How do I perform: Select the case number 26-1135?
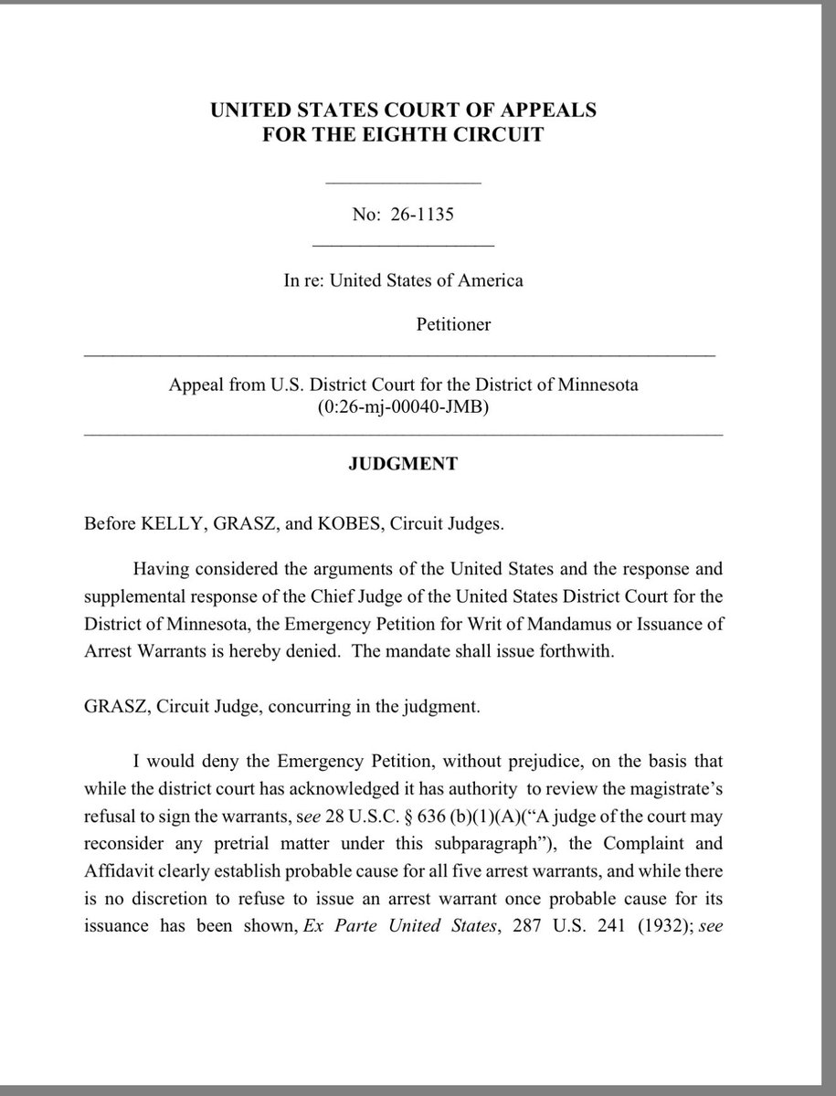[423, 216]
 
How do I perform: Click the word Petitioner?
[454, 323]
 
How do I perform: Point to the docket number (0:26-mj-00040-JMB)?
[403, 406]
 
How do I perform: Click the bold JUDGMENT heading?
[403, 464]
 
